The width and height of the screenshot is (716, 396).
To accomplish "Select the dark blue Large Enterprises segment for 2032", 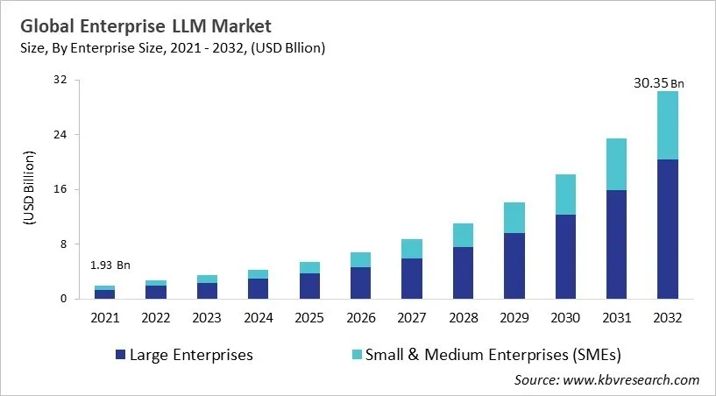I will (668, 229).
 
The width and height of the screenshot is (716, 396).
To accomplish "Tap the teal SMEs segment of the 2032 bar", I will (668, 125).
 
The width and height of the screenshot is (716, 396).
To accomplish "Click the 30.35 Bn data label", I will (658, 83).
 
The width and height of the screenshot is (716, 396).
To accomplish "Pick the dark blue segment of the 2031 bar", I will (617, 244).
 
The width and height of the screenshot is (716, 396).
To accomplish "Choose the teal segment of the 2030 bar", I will (565, 194).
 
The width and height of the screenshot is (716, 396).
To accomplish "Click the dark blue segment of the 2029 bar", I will (514, 265).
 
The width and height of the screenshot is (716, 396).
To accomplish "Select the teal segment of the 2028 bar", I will (463, 235).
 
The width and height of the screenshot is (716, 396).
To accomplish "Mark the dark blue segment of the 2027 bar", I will (412, 279).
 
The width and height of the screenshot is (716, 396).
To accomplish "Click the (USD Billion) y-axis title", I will (29, 190).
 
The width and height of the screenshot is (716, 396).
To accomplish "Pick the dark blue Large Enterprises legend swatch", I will (120, 355).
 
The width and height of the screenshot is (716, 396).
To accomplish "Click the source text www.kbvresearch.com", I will (631, 379).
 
